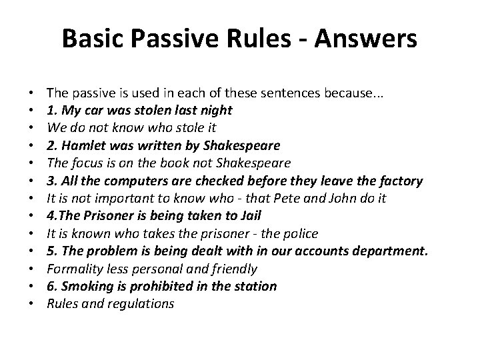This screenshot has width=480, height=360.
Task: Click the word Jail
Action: point(249,215)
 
